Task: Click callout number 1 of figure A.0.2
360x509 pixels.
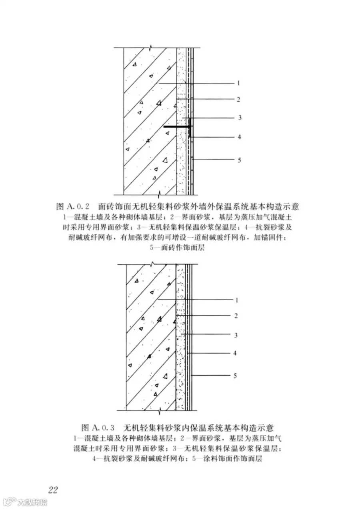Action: coord(238,84)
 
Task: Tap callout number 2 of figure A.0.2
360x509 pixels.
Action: coord(238,99)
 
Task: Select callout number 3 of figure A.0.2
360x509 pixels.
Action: coord(240,118)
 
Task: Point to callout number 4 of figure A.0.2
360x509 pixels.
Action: coord(239,137)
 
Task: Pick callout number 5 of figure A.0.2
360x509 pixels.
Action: coord(239,160)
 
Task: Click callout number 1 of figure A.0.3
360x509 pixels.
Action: coord(236,300)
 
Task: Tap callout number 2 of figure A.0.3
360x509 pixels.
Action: coord(236,316)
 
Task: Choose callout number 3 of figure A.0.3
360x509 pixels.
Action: coord(236,335)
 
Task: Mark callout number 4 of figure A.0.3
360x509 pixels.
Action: coord(235,353)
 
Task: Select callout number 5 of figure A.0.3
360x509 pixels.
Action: coord(235,375)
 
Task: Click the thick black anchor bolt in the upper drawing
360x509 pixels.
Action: coord(178,127)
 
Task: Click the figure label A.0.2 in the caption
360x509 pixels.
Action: coord(78,207)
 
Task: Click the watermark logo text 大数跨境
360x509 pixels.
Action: coord(32,502)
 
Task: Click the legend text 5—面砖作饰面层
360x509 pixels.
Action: coord(177,247)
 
